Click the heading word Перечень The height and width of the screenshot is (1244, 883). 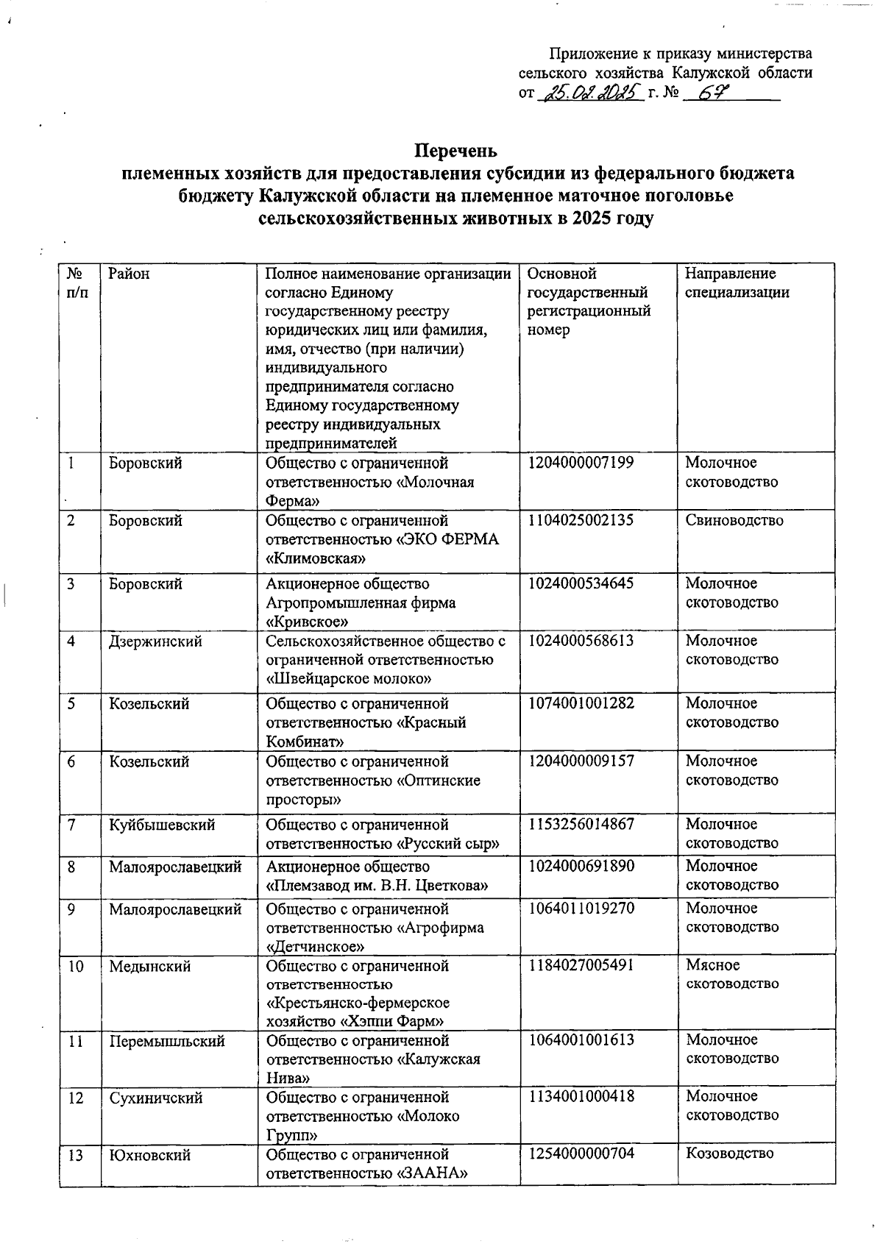click(456, 152)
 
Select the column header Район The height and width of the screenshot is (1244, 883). click(129, 274)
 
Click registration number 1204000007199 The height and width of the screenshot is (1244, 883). click(581, 463)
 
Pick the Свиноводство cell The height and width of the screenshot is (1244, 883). click(734, 521)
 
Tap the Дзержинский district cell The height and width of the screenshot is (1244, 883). click(155, 641)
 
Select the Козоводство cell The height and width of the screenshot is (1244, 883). click(729, 1153)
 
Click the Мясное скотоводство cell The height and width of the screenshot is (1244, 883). click(731, 974)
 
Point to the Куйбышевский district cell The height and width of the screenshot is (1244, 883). click(162, 825)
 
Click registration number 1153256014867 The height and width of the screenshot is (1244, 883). click(581, 824)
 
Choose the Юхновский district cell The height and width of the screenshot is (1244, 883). click(150, 1155)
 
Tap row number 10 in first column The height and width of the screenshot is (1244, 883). click(76, 966)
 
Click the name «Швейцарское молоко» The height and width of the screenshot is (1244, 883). click(348, 678)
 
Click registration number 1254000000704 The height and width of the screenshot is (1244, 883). click(581, 1153)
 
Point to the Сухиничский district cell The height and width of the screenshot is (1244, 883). click(155, 1098)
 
